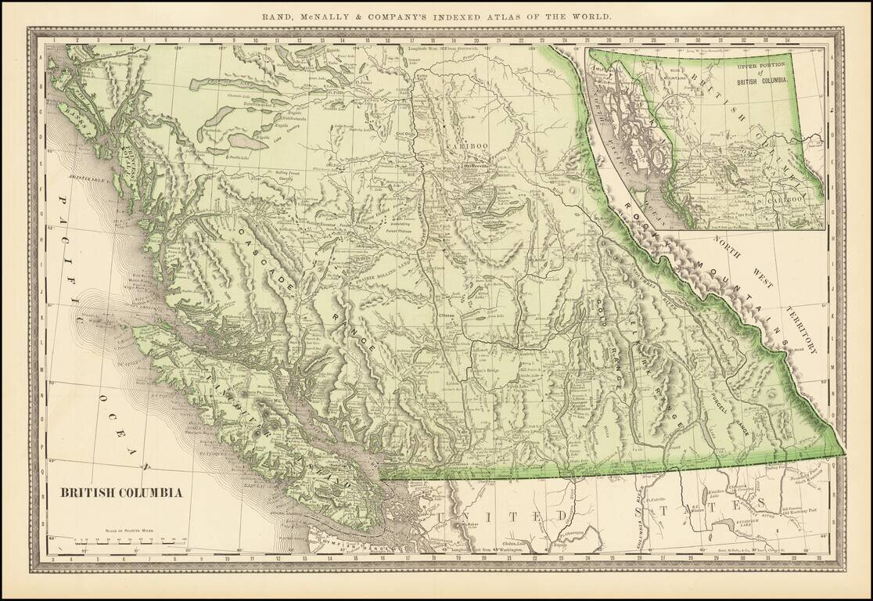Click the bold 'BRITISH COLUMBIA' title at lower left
[121, 493]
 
